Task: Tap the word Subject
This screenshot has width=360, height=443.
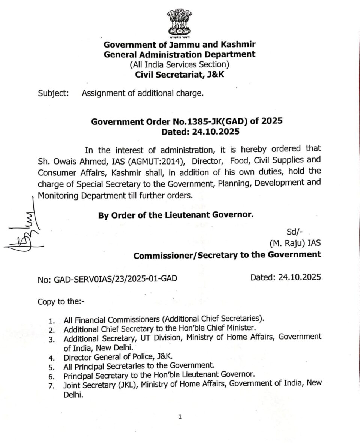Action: click(53, 93)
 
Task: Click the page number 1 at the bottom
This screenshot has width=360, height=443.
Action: click(180, 416)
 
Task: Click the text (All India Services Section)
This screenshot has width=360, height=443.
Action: click(180, 64)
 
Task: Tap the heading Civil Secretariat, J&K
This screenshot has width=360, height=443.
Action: click(180, 74)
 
